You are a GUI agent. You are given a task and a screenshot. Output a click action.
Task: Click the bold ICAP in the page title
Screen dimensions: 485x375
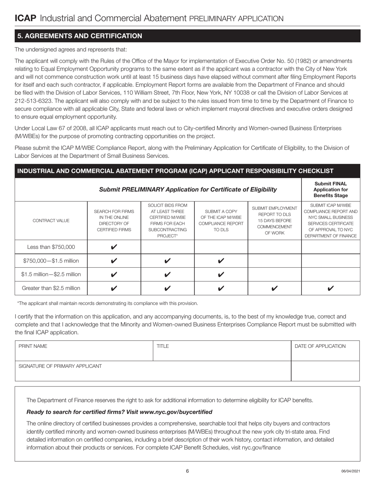pos(26,18)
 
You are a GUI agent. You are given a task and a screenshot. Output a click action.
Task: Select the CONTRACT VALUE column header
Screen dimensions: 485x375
pos(51,220)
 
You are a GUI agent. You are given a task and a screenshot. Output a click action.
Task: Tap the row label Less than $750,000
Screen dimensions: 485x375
pos(51,247)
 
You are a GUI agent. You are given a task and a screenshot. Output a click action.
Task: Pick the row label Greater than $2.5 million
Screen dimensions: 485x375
pos(51,288)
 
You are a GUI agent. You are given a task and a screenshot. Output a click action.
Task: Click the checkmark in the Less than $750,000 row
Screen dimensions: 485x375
pos(114,247)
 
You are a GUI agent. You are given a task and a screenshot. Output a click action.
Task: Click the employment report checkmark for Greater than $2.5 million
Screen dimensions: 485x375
pos(274,288)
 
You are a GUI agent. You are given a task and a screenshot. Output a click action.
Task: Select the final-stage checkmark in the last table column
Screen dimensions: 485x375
pos(330,288)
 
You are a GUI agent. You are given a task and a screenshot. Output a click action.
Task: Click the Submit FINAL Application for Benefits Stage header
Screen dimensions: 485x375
pos(330,190)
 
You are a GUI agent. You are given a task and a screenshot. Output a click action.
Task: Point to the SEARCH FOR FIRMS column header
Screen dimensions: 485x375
pos(114,220)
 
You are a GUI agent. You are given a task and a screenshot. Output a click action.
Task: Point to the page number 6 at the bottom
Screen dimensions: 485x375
pos(187,471)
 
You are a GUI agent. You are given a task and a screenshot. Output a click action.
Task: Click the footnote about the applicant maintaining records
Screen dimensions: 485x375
pos(108,303)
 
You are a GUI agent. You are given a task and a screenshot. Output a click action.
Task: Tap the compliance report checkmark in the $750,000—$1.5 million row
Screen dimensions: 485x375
pos(221,261)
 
